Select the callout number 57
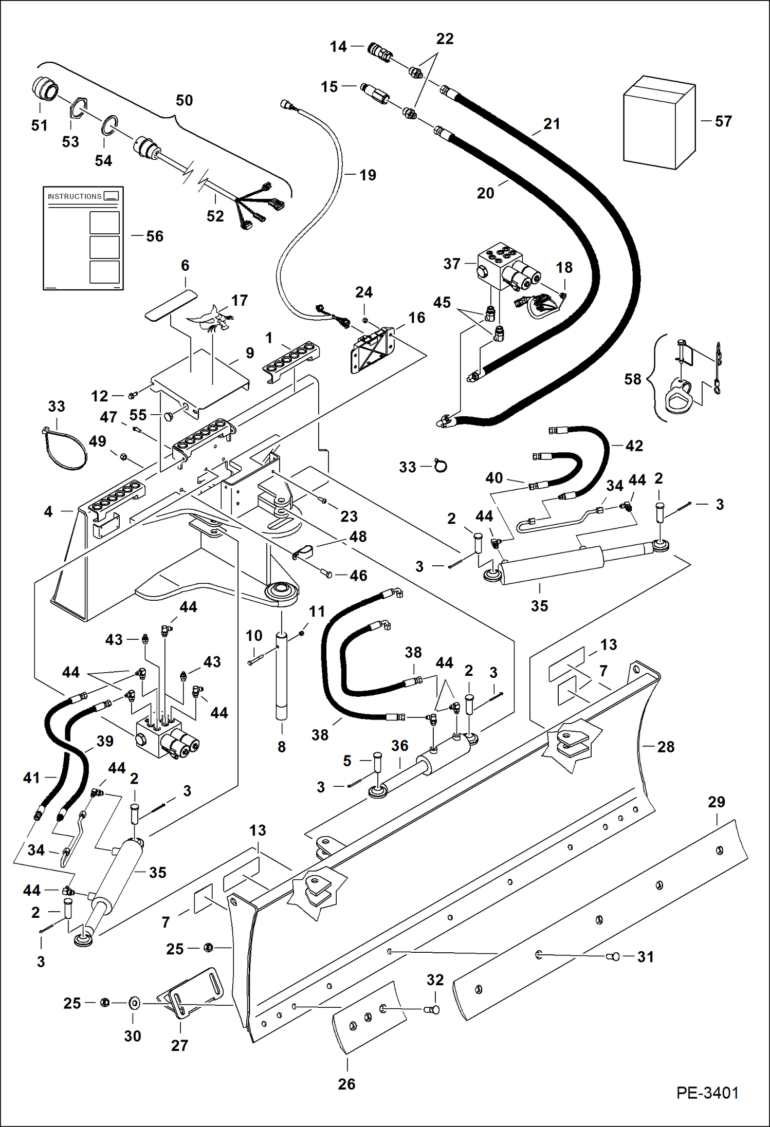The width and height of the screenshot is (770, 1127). click(x=723, y=121)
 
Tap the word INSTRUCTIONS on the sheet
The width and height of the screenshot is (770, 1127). click(x=75, y=196)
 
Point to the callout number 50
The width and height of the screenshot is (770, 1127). click(x=184, y=100)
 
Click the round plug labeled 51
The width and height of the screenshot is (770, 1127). click(x=44, y=90)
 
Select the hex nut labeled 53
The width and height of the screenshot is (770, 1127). click(x=78, y=109)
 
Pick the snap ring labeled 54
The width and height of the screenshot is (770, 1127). click(x=109, y=125)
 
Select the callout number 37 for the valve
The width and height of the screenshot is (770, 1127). click(x=452, y=264)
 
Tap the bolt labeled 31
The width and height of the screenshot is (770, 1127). click(x=614, y=956)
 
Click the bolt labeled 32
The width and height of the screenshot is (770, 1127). click(x=433, y=1010)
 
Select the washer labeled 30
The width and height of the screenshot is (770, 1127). click(x=134, y=1003)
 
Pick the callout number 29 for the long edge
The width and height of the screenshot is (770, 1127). click(x=716, y=802)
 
